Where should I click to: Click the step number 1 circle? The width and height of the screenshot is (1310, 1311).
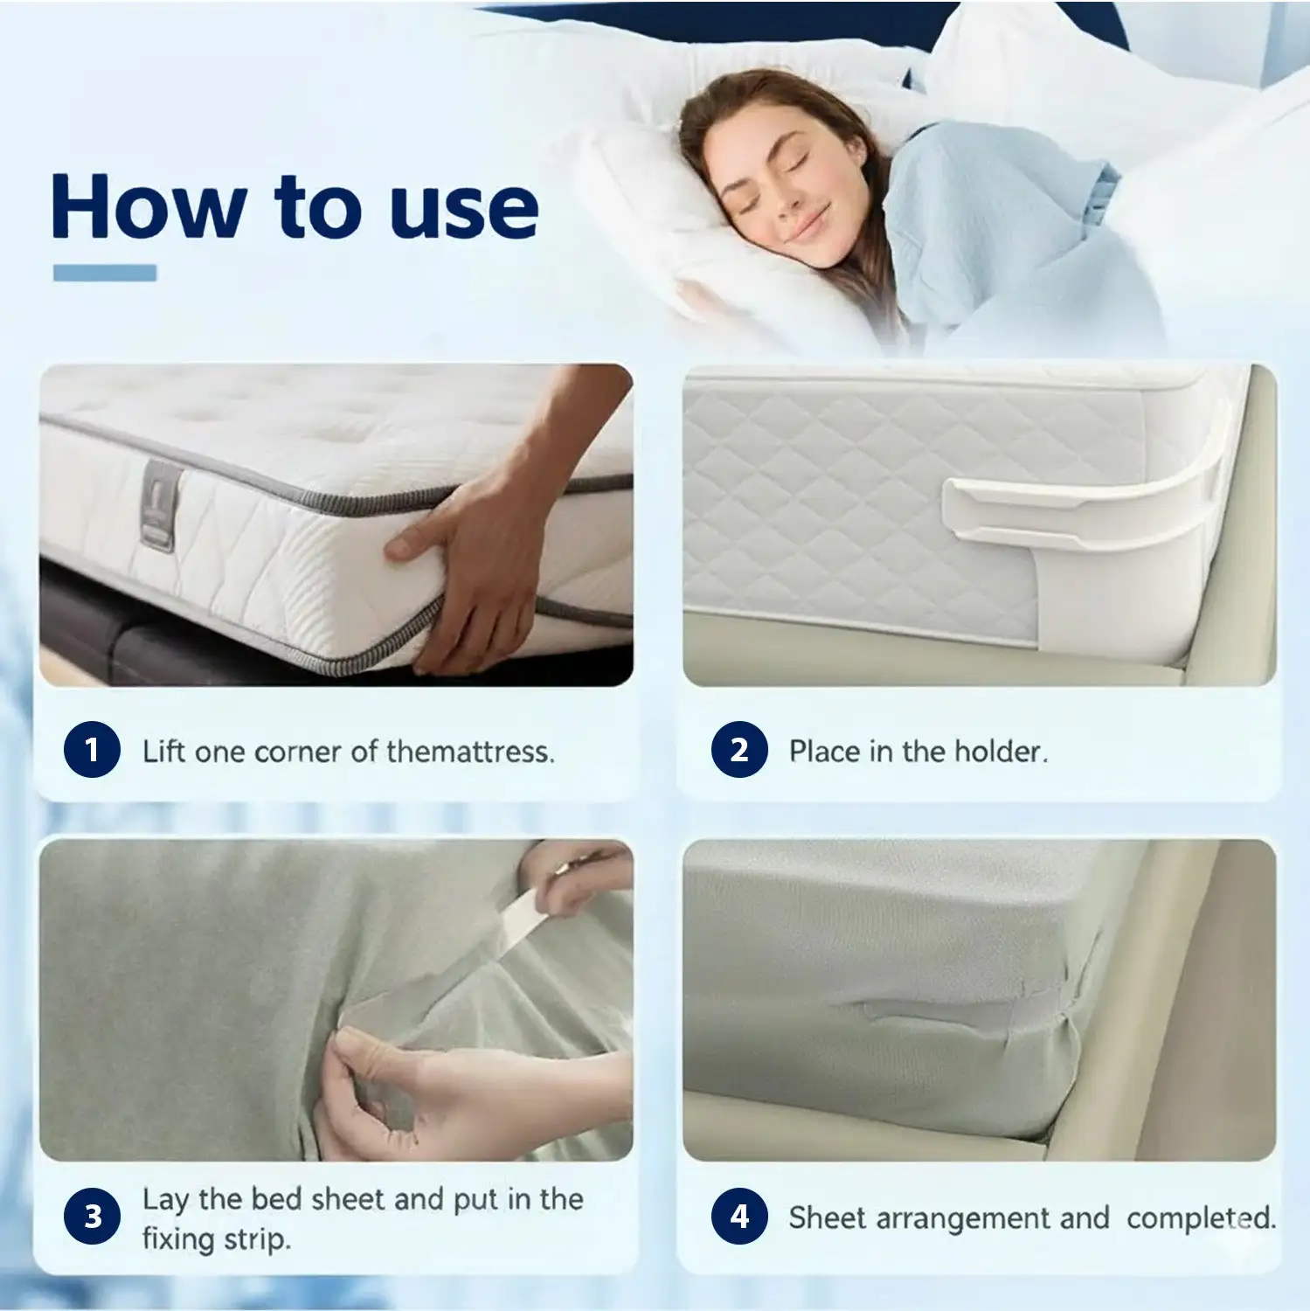pyautogui.click(x=92, y=750)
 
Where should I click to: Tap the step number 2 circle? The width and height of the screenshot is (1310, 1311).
pyautogui.click(x=739, y=750)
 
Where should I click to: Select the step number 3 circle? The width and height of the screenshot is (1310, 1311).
pyautogui.click(x=92, y=1217)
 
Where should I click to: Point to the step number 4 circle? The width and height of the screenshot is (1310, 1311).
pyautogui.click(x=739, y=1217)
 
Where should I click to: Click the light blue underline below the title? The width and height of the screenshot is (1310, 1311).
pyautogui.click(x=105, y=273)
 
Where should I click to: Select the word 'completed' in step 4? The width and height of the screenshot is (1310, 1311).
pyautogui.click(x=1201, y=1217)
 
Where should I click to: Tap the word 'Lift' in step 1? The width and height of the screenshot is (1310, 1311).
pyautogui.click(x=163, y=751)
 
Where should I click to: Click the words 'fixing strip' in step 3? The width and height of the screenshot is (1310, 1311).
pyautogui.click(x=216, y=1238)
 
